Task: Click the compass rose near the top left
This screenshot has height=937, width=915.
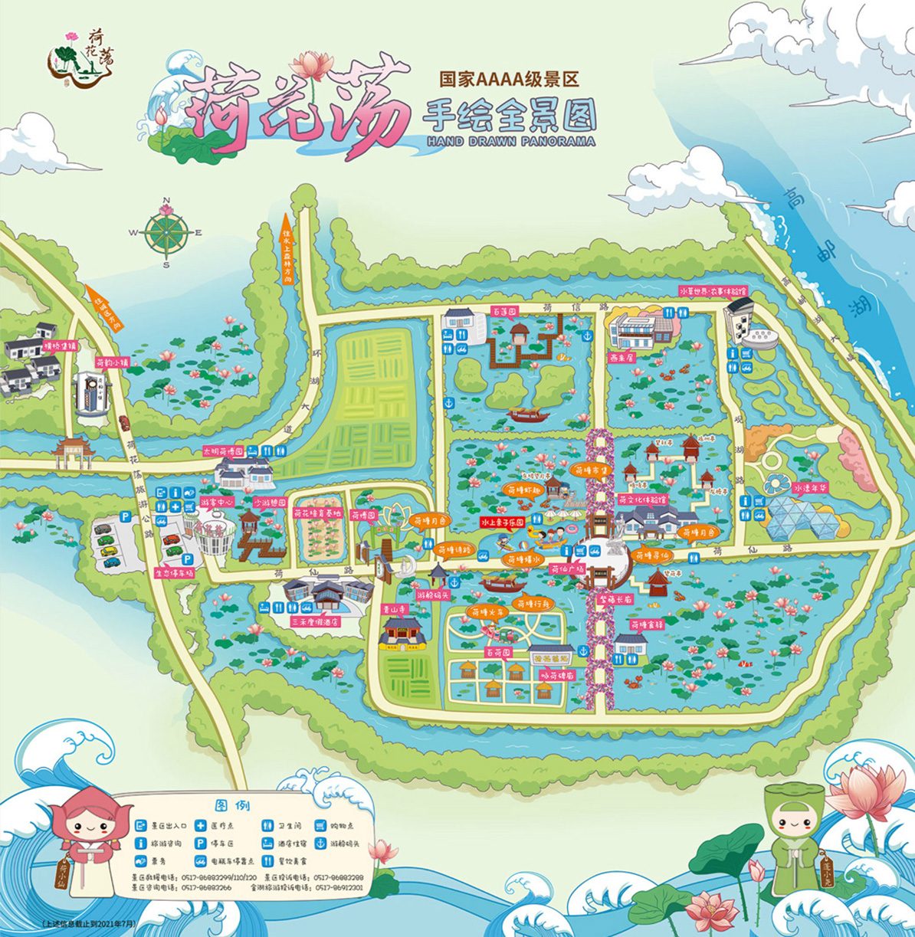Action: (x=167, y=233)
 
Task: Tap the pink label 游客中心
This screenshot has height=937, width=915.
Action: (x=217, y=503)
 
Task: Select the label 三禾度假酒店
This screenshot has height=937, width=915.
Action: (x=314, y=622)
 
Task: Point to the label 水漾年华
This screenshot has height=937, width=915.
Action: (x=812, y=487)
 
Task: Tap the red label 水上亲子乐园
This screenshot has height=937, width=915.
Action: (x=502, y=522)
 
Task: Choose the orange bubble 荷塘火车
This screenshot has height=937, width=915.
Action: (x=489, y=612)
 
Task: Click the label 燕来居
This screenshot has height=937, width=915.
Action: (x=621, y=356)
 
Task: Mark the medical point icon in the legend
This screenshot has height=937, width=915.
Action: (x=201, y=826)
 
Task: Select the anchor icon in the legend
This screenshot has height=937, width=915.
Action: (x=321, y=844)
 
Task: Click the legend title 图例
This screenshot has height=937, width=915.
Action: (x=232, y=805)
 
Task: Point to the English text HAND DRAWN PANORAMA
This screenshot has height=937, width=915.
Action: (x=508, y=141)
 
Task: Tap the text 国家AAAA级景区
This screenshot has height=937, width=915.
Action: (x=507, y=78)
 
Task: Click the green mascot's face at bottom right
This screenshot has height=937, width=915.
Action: (x=797, y=826)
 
